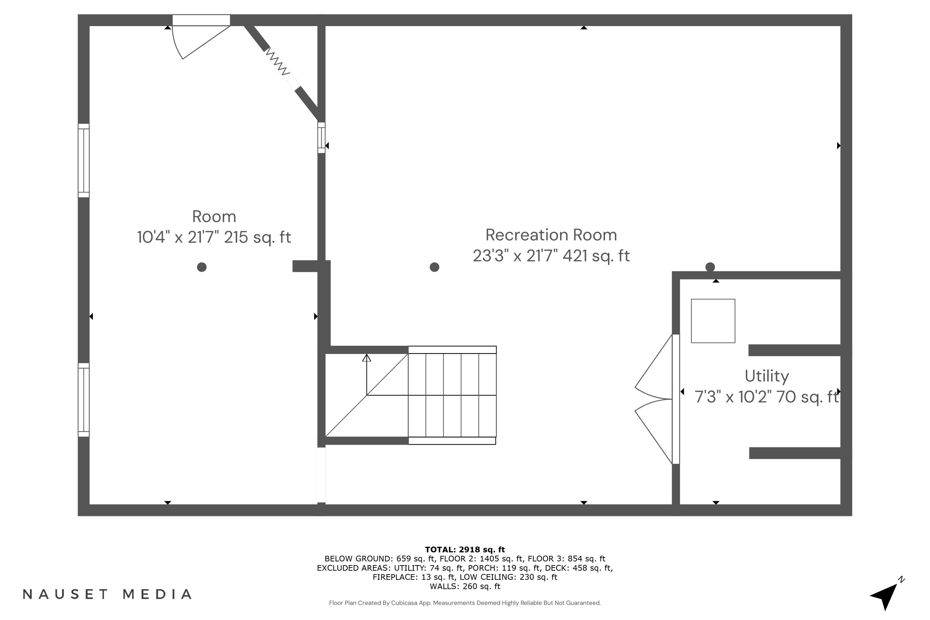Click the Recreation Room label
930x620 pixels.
coord(551,235)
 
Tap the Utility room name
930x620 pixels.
coord(766,376)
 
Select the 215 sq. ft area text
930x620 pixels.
coord(257,237)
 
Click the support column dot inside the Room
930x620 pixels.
coord(202,267)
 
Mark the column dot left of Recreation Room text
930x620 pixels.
coord(434,267)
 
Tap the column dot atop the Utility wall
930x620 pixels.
coord(710,267)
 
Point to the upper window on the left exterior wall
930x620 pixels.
coord(83,161)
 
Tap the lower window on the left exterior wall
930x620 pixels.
coord(83,400)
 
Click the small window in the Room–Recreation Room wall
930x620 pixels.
coord(321,138)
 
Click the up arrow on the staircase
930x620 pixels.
coord(366,358)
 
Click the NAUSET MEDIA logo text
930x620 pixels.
coord(107,594)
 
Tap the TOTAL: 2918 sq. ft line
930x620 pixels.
coord(465,549)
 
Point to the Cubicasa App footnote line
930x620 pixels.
coord(465,603)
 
